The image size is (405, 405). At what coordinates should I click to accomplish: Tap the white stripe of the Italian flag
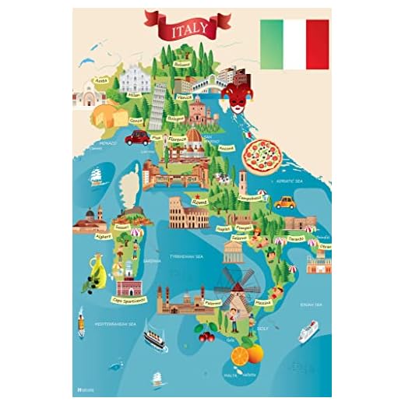click(x=294, y=44)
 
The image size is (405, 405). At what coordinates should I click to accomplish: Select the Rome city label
click(x=200, y=201)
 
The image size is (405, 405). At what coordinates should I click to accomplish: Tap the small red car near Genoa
click(x=137, y=138)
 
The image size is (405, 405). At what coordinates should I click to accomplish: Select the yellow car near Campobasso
click(x=286, y=202)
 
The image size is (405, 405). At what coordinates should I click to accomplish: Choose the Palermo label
click(x=211, y=303)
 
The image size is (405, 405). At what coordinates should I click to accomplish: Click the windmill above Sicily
click(x=233, y=282)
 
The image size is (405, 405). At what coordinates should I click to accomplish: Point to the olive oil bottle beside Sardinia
click(x=99, y=270)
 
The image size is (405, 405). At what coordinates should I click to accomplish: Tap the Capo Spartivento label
click(x=128, y=298)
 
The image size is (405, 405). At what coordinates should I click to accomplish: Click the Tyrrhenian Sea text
click(x=188, y=255)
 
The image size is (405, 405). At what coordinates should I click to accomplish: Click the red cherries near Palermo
click(x=206, y=336)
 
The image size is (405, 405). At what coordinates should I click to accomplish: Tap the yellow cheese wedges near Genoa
click(x=111, y=116)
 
